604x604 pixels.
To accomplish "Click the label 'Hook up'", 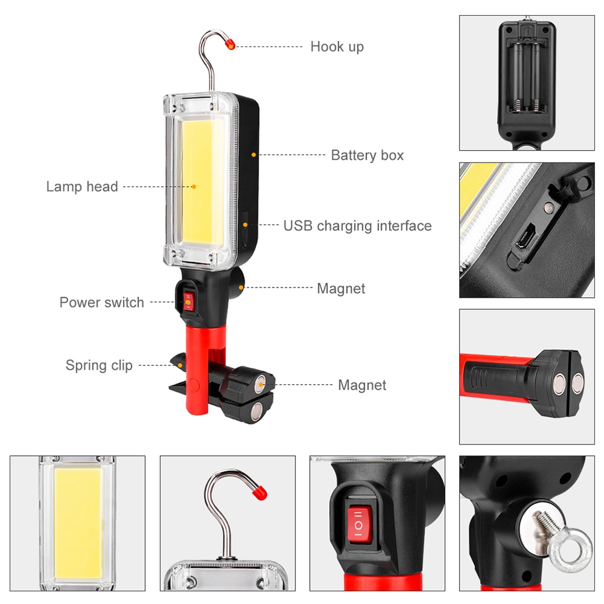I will [337, 47].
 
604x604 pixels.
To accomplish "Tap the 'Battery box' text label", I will [367, 155].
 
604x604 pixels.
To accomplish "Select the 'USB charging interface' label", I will [358, 226].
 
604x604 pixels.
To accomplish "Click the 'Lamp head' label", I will [82, 187].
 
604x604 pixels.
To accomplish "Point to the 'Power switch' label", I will [101, 303].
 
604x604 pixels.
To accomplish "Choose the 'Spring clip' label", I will [99, 365].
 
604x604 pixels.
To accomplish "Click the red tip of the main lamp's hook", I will [231, 43].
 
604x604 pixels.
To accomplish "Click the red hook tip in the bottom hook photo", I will [258, 492].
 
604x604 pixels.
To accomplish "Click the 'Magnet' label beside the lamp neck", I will [341, 289].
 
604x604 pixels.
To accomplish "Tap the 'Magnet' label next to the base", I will [362, 385].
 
